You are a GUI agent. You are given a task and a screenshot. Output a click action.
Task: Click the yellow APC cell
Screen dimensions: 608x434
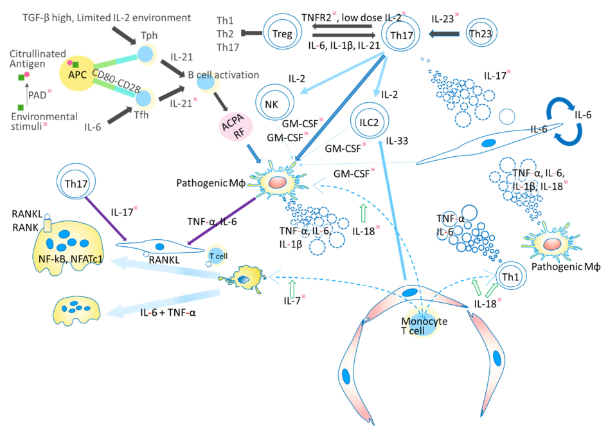[x=77, y=74]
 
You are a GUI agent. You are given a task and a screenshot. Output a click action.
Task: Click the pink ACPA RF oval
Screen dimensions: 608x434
[x=236, y=127]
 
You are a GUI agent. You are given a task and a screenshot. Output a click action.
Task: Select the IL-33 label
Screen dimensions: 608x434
[x=397, y=141]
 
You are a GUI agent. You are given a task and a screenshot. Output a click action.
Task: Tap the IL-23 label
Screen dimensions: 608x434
[x=442, y=19]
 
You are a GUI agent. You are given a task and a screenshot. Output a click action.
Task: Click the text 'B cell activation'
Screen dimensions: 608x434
[x=224, y=75]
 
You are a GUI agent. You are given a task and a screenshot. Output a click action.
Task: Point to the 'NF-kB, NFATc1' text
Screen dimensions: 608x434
[x=71, y=258]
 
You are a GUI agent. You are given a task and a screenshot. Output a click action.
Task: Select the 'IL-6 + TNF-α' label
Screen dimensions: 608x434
[x=168, y=312]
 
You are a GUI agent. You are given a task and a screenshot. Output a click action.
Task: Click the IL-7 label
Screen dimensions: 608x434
[x=292, y=300]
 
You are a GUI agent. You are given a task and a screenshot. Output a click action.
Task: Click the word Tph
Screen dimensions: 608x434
[x=149, y=35]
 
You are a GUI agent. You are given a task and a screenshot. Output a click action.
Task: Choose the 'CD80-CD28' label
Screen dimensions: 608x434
[x=116, y=82]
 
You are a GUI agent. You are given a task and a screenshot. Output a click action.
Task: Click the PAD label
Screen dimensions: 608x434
[x=37, y=95]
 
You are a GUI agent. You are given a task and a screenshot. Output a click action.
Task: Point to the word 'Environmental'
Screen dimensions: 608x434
[x=44, y=116]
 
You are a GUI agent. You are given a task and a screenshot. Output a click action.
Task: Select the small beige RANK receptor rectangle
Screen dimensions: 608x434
[x=48, y=225]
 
